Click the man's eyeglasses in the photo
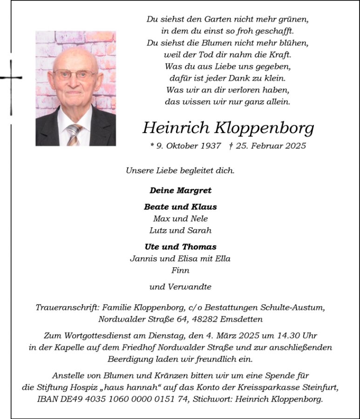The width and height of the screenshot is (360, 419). [75, 74]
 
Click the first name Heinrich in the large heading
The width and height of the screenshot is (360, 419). [176, 128]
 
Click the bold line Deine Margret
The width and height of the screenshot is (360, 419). [180, 190]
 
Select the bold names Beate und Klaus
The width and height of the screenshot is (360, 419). [180, 207]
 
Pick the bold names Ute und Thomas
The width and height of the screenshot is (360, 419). [180, 247]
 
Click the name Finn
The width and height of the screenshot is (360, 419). [180, 270]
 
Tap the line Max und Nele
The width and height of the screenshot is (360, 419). [180, 218]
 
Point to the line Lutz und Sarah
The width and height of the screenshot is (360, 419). [180, 230]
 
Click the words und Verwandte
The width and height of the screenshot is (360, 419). [180, 287]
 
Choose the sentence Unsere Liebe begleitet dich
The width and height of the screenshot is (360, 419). [180, 170]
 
